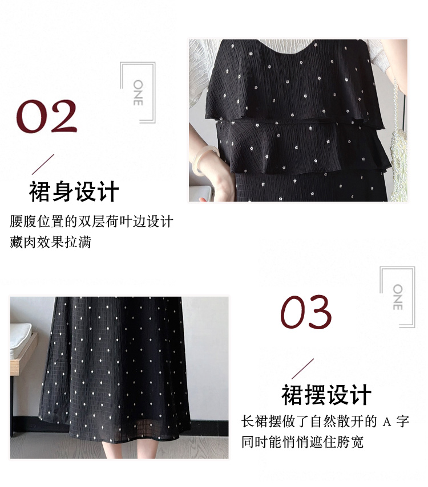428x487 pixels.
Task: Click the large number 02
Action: coord(46,116)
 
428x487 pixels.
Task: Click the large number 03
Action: coord(306,312)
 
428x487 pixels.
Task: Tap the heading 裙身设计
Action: coord(74,192)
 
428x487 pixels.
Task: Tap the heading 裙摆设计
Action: coord(326,395)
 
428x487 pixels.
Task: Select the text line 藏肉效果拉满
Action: coord(50,242)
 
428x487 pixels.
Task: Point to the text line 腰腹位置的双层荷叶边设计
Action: coord(91,222)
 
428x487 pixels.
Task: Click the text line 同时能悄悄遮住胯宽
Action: coord(302,441)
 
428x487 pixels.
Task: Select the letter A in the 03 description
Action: coord(386,422)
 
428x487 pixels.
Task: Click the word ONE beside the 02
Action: coord(138,92)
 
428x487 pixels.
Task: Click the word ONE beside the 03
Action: coord(398,297)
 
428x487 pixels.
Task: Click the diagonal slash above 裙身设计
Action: coord(43,164)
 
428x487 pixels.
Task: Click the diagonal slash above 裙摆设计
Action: coord(302,369)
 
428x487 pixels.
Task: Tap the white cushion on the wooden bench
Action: coord(21,339)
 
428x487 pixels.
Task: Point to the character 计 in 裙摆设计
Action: coord(361,395)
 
